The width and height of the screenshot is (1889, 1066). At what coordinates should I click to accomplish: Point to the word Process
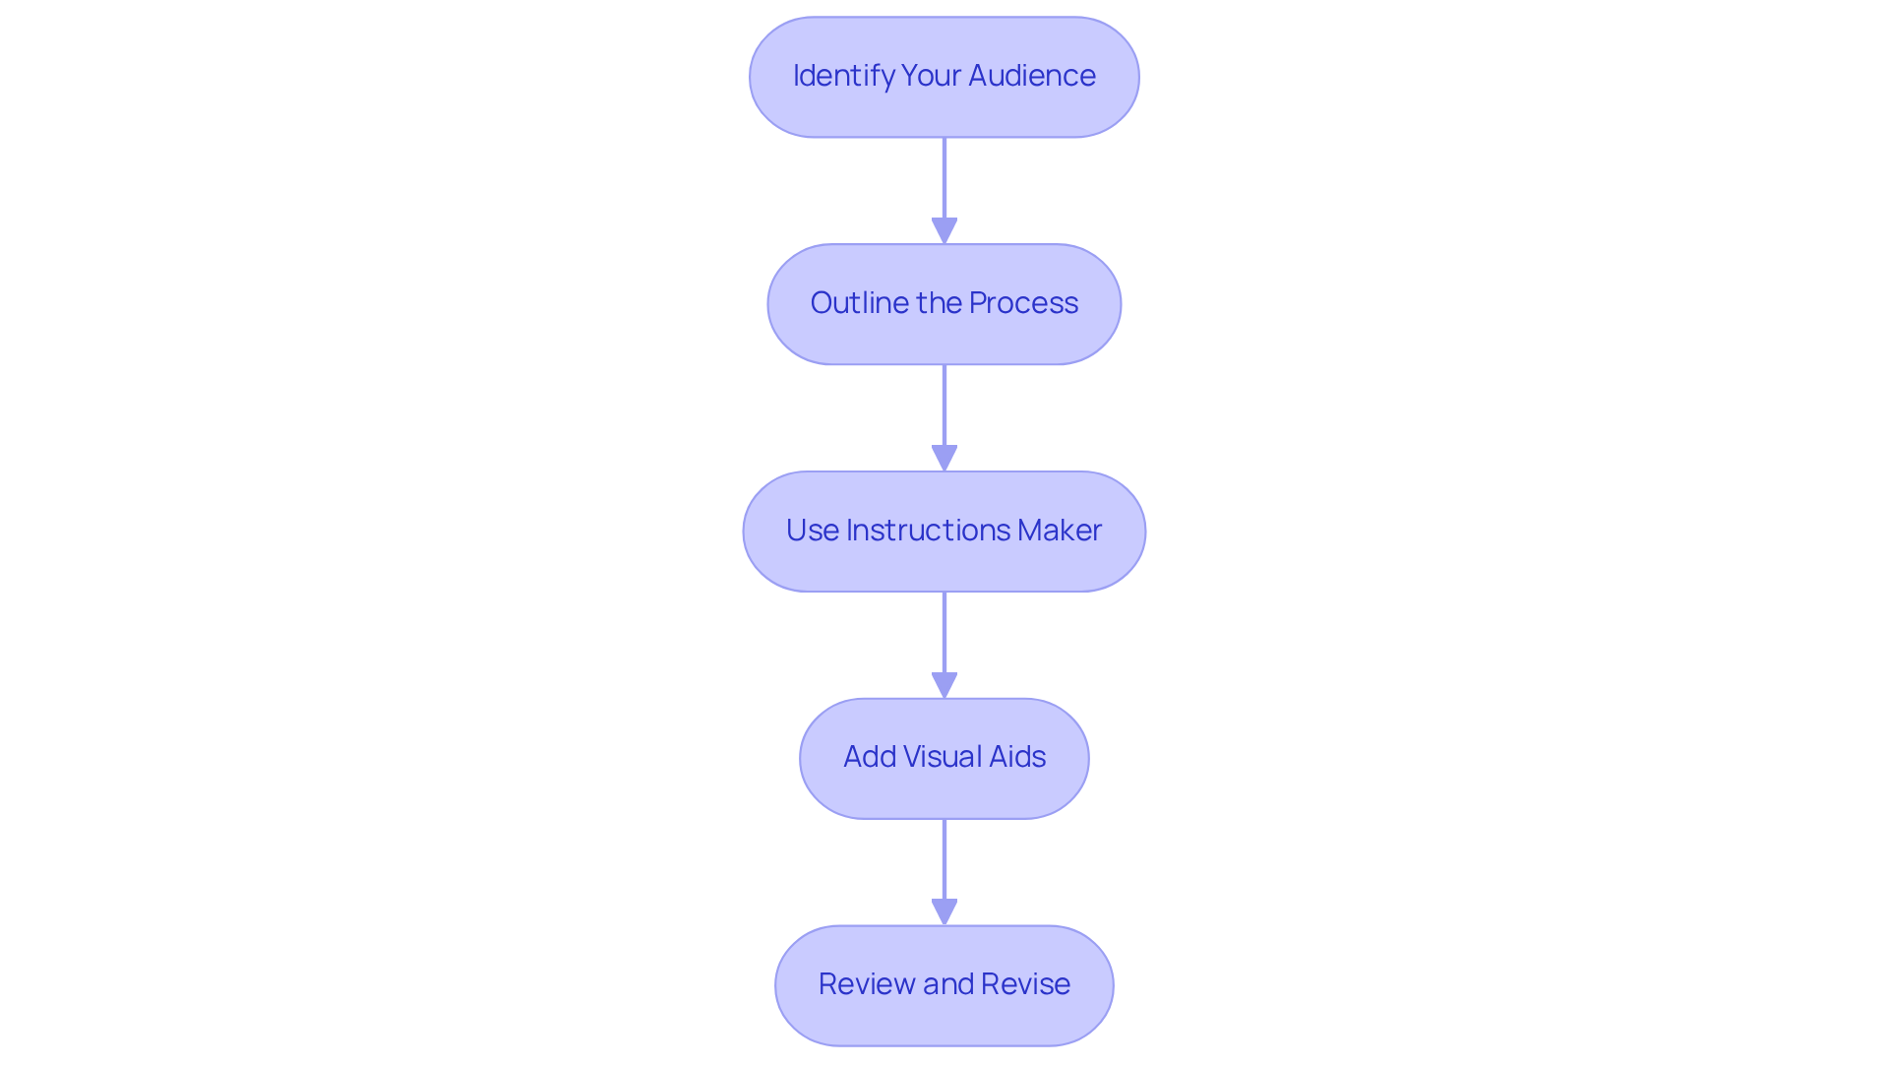(x=1023, y=303)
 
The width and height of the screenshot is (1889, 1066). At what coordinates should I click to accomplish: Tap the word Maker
(x=1060, y=531)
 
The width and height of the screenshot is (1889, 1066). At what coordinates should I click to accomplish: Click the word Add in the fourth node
(x=869, y=757)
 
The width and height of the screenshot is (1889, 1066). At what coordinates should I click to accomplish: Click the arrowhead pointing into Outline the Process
(x=944, y=230)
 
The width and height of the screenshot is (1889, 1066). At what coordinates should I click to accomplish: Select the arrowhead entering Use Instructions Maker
(x=944, y=458)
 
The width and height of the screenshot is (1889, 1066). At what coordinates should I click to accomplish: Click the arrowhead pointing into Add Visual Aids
(x=944, y=685)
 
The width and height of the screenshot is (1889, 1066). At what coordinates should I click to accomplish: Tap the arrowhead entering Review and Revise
(x=944, y=911)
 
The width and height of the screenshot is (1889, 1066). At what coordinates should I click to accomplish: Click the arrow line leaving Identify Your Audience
(x=944, y=177)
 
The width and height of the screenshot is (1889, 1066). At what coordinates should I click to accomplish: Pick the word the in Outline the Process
(x=939, y=303)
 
